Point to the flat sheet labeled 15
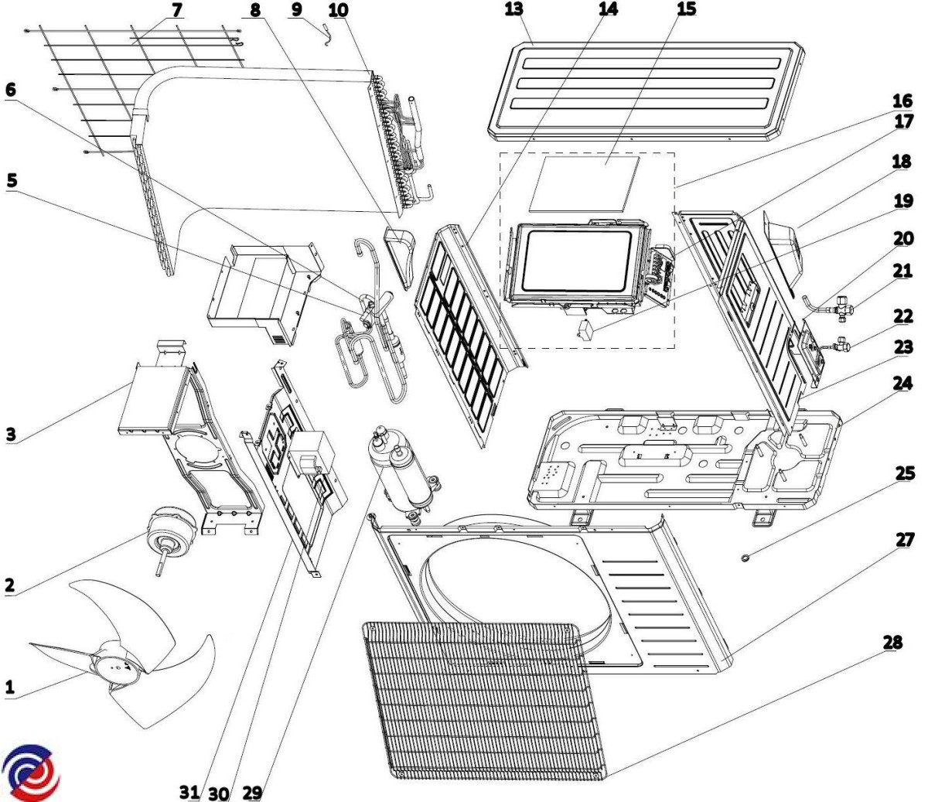click(586, 183)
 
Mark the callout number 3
click(10, 434)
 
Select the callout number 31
click(189, 793)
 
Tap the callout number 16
click(902, 101)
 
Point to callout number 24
click(902, 382)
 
